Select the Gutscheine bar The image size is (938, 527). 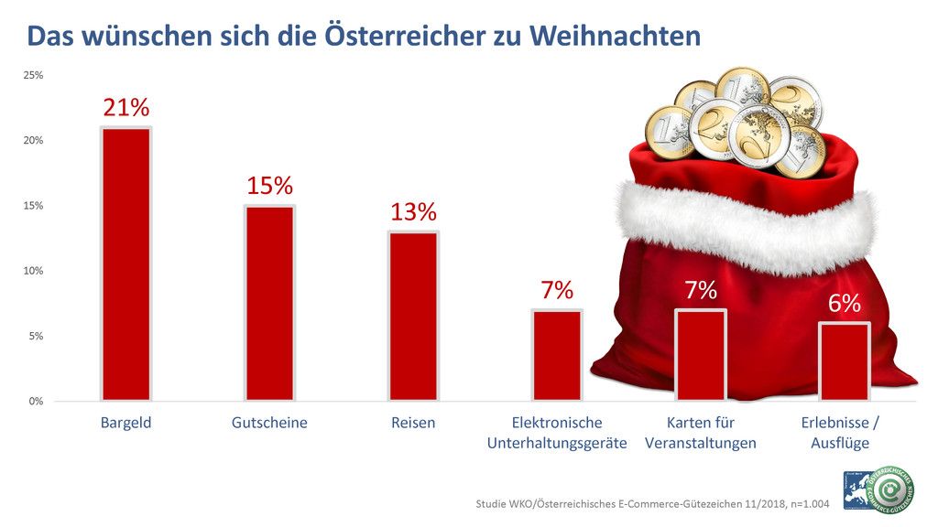tap(269, 303)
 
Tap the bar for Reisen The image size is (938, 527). tap(413, 316)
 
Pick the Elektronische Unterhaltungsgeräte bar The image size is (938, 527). tap(557, 355)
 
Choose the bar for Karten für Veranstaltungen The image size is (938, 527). tap(701, 355)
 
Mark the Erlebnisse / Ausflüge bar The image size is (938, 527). tap(845, 361)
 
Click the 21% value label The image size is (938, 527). tap(125, 108)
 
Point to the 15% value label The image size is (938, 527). tap(269, 186)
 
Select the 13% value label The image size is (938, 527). tap(413, 212)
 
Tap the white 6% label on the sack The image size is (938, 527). tap(845, 304)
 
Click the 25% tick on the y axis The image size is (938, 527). tap(33, 75)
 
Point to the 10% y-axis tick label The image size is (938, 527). tap(33, 271)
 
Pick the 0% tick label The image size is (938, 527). tap(36, 401)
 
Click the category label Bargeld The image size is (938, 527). tap(125, 423)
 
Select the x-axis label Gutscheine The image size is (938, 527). tap(269, 423)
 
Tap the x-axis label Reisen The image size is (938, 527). tap(413, 423)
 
